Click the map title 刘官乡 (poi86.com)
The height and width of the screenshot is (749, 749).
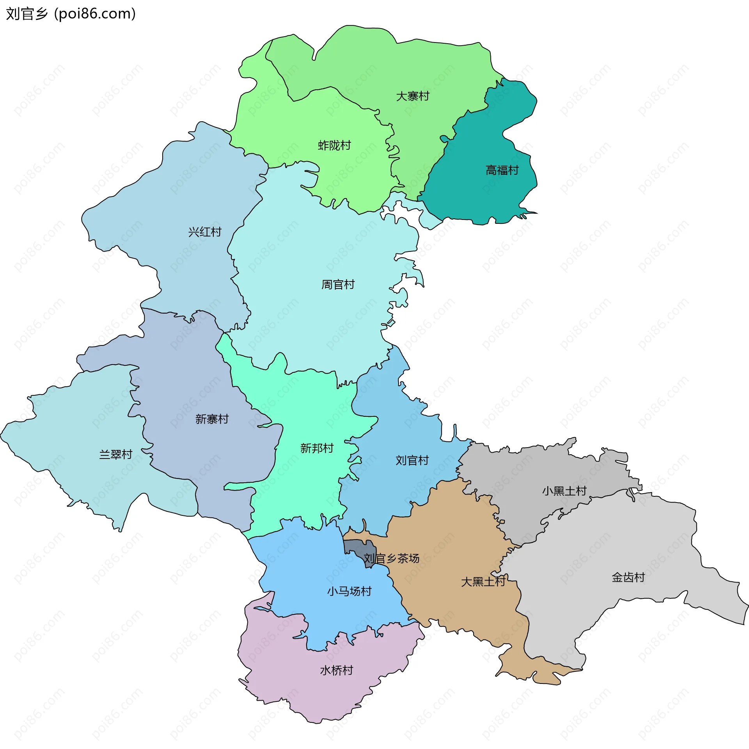[x=71, y=14]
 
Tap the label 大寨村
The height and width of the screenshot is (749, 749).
[x=412, y=96]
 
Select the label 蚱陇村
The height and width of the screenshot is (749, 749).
[x=334, y=145]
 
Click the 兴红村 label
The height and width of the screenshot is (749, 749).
[x=204, y=232]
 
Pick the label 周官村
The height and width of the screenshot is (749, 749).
[x=337, y=285]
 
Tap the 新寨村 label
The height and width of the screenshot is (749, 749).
[x=211, y=419]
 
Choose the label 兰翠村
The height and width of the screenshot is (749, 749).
[x=115, y=454]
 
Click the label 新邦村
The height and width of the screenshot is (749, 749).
[x=317, y=448]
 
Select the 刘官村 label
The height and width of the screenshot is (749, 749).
[x=412, y=460]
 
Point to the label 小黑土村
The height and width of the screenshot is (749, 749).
[x=564, y=491]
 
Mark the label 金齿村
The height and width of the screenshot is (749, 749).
[x=628, y=577]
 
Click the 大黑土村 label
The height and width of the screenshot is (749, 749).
[x=483, y=582]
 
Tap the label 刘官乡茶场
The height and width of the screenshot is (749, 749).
[x=391, y=558]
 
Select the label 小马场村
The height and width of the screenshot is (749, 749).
[x=349, y=591]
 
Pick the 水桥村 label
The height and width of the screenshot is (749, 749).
[x=336, y=670]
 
